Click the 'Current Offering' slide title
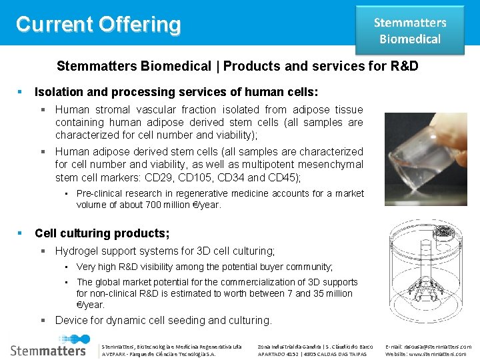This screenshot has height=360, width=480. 98,25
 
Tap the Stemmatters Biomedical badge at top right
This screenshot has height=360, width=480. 409,31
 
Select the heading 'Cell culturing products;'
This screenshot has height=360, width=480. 102,233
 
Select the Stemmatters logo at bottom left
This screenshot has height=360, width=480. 48,349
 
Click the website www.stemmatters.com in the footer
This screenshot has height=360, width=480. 440,354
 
